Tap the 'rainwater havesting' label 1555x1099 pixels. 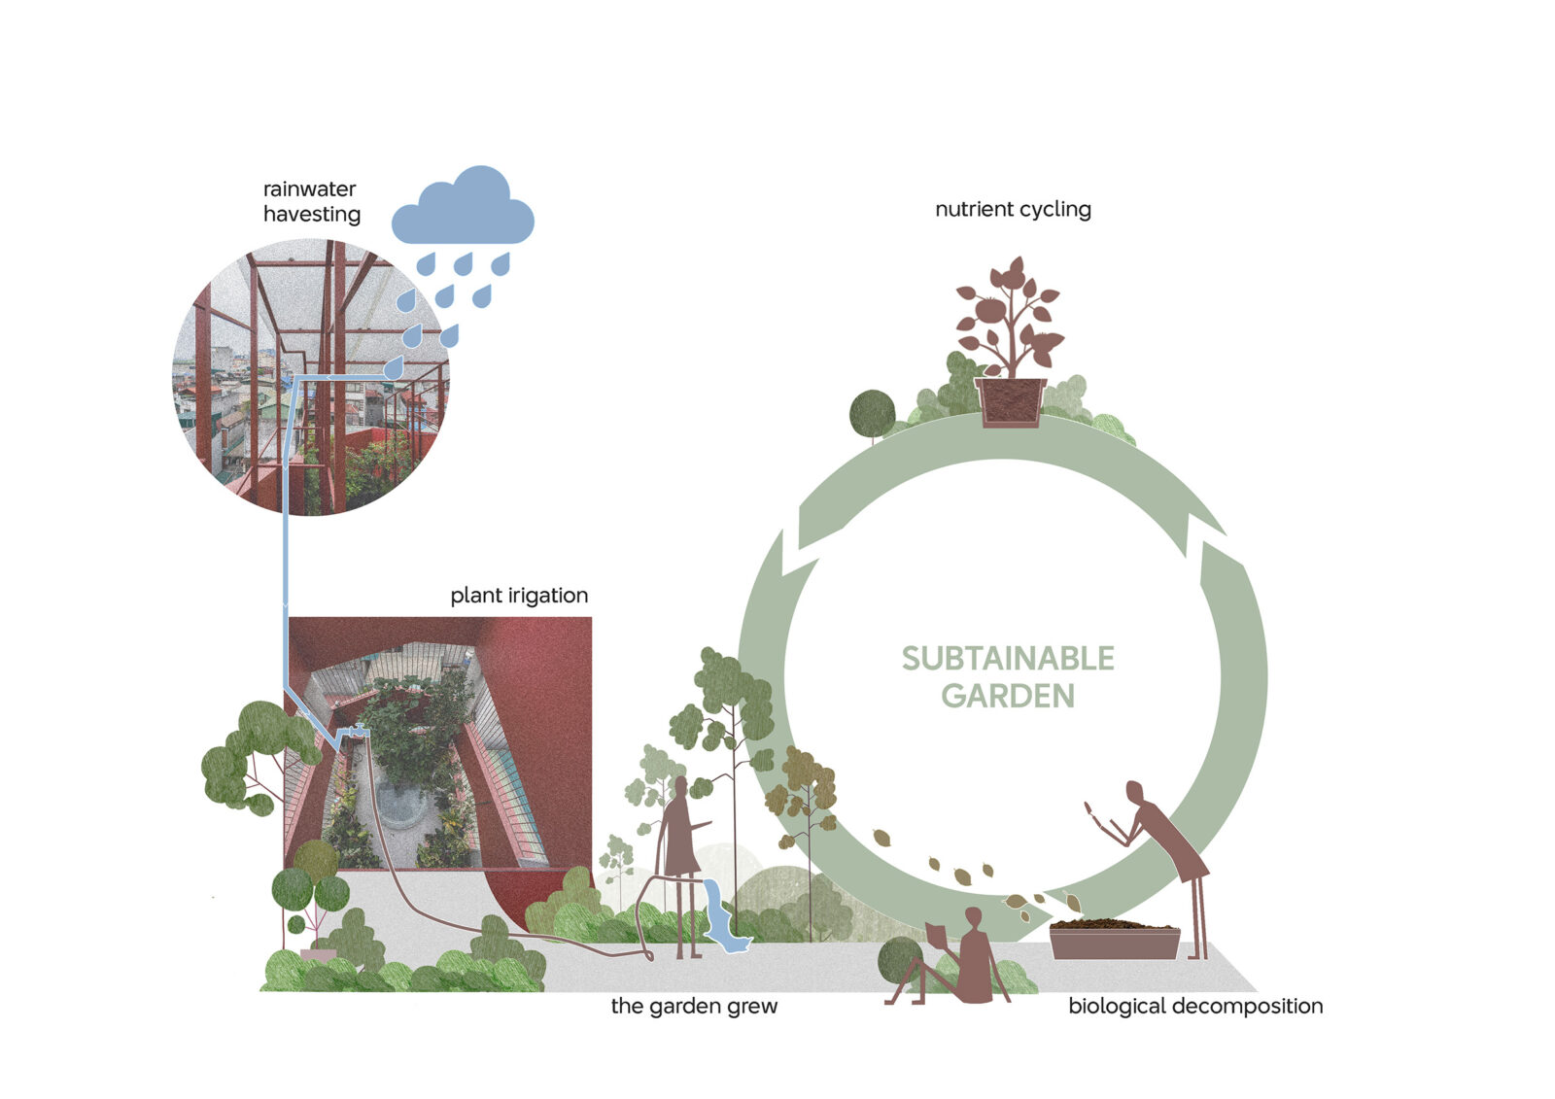tap(311, 201)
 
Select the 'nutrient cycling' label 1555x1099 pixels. tap(1013, 209)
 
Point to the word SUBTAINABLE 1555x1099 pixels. tap(1008, 659)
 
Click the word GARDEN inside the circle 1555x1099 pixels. tap(1008, 696)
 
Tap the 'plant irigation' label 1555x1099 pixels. tap(519, 595)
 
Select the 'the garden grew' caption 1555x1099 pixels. tap(694, 1006)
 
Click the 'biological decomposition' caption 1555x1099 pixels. tap(1195, 1006)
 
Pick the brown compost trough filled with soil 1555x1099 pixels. tap(1115, 942)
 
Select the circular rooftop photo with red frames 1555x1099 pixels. tap(311, 379)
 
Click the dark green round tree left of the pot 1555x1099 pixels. tap(872, 413)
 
